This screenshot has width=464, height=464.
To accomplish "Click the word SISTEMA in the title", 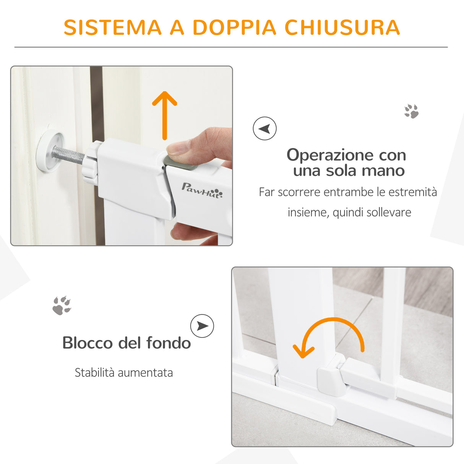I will coord(113,28).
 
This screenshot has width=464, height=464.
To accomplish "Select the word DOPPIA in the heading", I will coord(234,28).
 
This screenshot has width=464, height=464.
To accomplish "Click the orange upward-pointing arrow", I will coord(165,115).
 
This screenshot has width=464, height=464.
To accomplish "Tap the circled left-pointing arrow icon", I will coord(264,128).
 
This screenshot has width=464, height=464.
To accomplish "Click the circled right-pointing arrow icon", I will coord(202,326).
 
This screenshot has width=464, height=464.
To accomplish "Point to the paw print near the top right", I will coord(411,111).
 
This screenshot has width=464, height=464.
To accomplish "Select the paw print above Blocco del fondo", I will coord(62,305).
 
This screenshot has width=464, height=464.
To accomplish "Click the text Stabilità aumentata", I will coord(123,373).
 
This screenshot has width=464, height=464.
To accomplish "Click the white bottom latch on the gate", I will coord(331,380).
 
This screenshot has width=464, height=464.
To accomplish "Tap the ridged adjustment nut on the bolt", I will coord(91,161).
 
